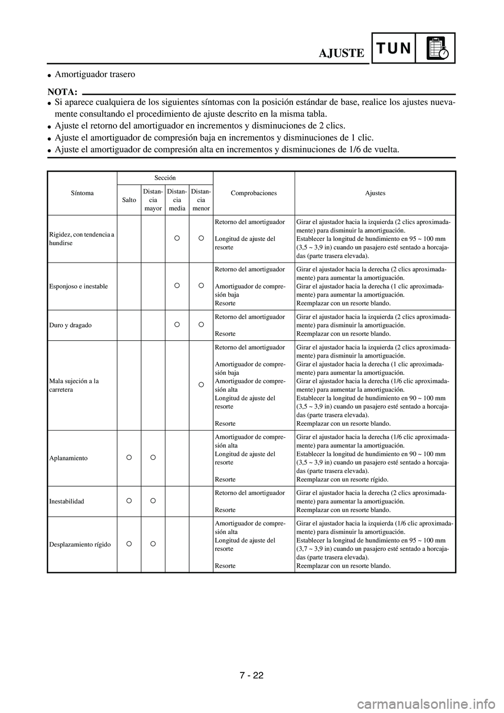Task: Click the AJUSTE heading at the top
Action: pyautogui.click(x=341, y=53)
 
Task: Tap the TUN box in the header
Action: pyautogui.click(x=393, y=48)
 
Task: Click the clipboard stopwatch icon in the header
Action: pyautogui.click(x=436, y=48)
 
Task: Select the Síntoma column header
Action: pyautogui.click(x=82, y=193)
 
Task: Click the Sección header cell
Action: pyautogui.click(x=165, y=178)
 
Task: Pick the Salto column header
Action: pyautogui.click(x=129, y=200)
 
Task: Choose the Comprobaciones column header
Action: pyautogui.click(x=254, y=193)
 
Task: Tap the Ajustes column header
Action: pyautogui.click(x=375, y=193)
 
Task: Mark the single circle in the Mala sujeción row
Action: pyautogui.click(x=201, y=385)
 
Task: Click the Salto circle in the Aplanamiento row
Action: pyautogui.click(x=129, y=457)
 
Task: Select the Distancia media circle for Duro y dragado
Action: pyautogui.click(x=177, y=324)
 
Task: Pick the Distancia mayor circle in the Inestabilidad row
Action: pyautogui.click(x=153, y=500)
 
